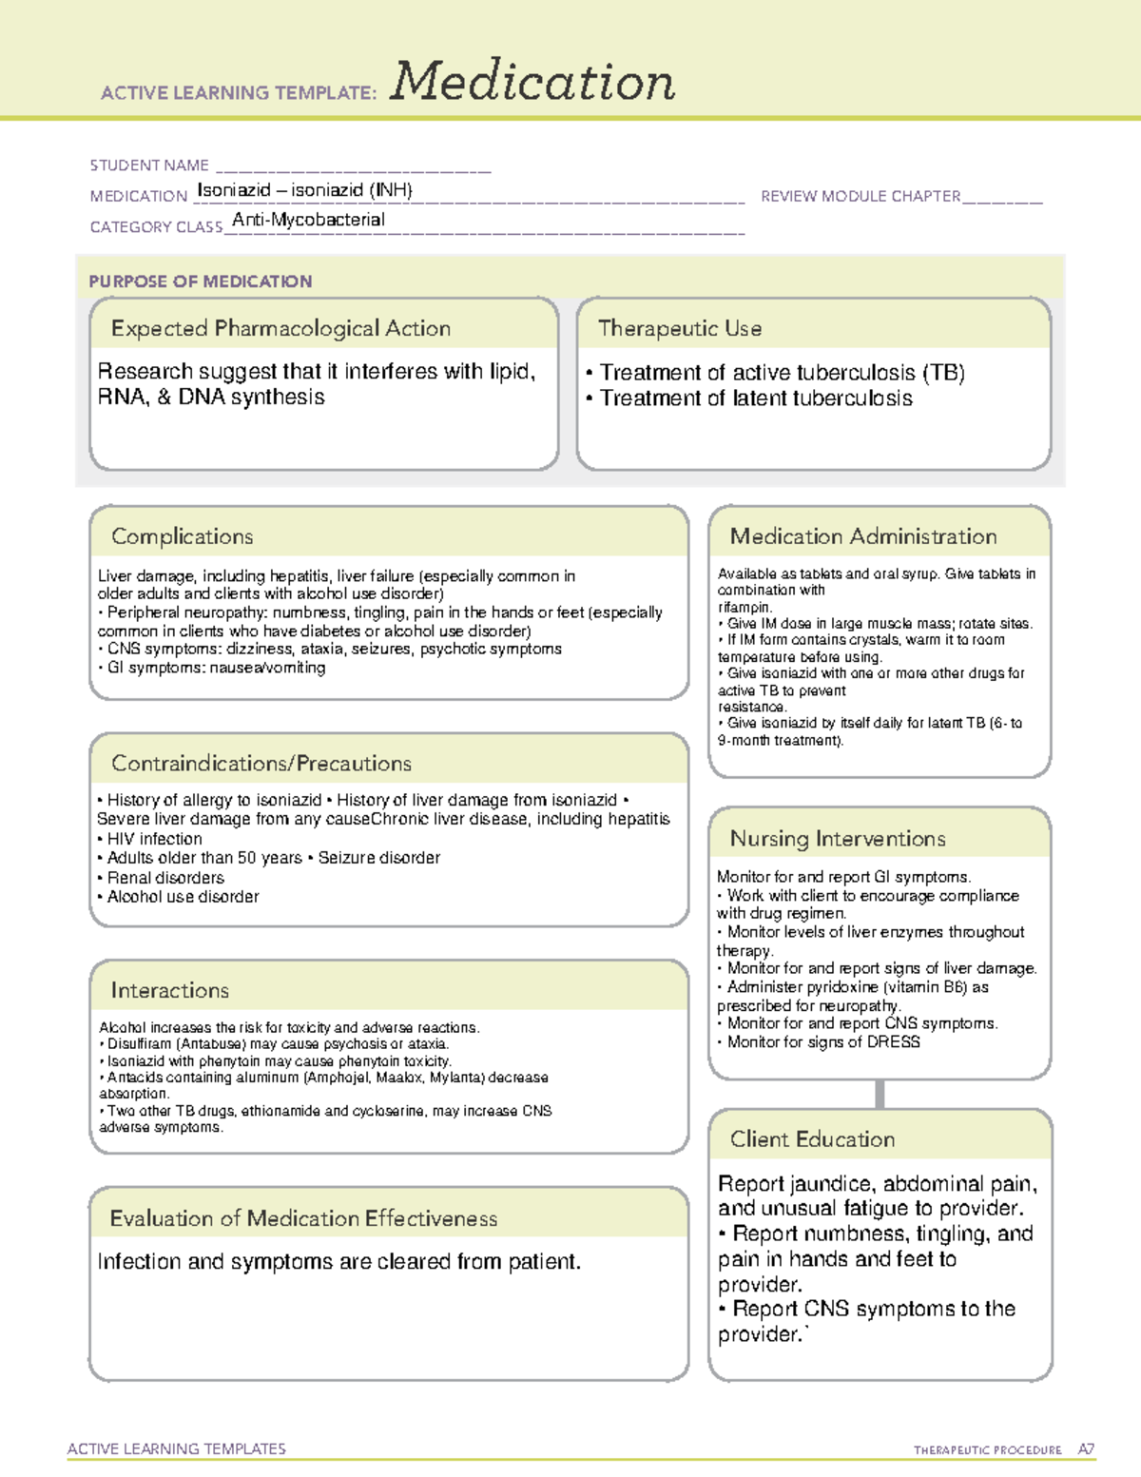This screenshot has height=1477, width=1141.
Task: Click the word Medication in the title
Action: (x=532, y=82)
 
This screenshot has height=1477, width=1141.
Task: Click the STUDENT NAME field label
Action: (x=149, y=165)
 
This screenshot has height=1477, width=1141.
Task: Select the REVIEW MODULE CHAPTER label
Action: (x=861, y=196)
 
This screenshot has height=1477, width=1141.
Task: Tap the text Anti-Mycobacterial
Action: (x=308, y=220)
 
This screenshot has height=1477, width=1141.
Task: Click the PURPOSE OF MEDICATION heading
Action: (x=200, y=282)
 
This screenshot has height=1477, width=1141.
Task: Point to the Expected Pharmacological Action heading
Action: (x=280, y=328)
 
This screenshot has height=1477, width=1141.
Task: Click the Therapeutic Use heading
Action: (x=679, y=328)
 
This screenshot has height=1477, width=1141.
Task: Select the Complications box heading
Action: (x=182, y=536)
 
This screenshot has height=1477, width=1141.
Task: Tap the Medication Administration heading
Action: (x=862, y=536)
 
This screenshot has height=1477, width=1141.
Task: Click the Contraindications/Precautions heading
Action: (x=261, y=763)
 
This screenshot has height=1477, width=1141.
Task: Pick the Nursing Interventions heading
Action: (x=837, y=838)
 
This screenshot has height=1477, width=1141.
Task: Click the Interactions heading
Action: (x=169, y=990)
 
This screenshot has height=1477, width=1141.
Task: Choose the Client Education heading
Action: (x=812, y=1139)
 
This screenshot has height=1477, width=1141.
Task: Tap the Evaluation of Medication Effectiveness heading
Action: (x=303, y=1218)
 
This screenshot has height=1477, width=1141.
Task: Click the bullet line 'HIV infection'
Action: (x=153, y=839)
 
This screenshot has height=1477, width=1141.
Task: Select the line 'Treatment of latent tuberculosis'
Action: (x=755, y=398)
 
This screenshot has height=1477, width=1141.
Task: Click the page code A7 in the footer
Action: (x=1085, y=1449)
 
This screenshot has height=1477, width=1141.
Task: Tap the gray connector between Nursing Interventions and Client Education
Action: (x=880, y=1094)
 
